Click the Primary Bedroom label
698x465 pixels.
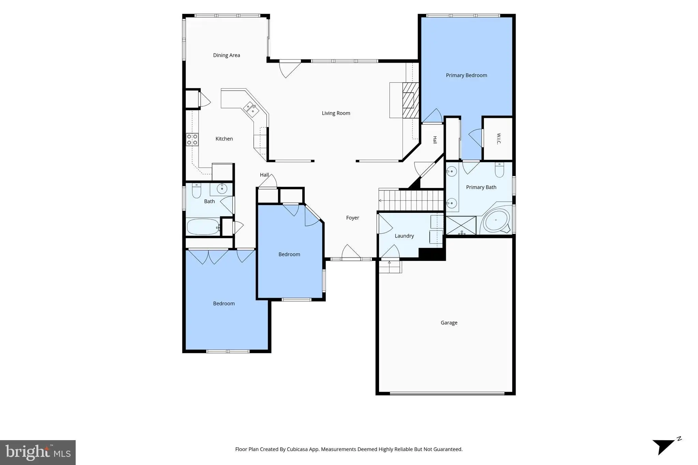tap(466, 75)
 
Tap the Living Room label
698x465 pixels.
tap(336, 113)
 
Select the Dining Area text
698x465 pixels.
tap(226, 55)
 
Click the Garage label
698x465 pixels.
tap(449, 323)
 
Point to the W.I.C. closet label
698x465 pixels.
tap(499, 139)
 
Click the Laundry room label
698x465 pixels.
tap(404, 236)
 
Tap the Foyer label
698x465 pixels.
tap(352, 218)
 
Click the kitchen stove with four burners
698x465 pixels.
tap(192, 140)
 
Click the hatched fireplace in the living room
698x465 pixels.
tap(410, 100)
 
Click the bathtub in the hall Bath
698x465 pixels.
tap(203, 227)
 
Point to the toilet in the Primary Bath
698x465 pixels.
tap(500, 170)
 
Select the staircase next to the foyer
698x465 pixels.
tap(411, 200)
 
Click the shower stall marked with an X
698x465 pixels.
tap(461, 225)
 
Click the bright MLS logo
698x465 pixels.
tap(38, 452)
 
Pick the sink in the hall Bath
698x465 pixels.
tap(222, 188)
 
